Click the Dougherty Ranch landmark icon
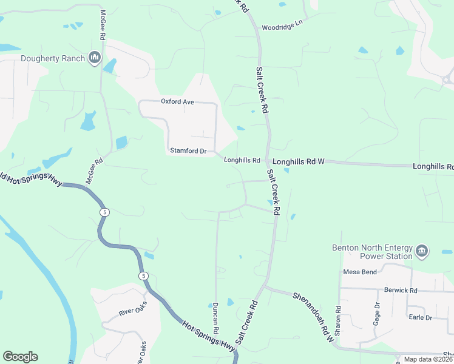click(x=95, y=58)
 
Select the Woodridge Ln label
click(x=282, y=27)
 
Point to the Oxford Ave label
click(x=177, y=102)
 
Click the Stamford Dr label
click(x=188, y=150)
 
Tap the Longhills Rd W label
click(x=299, y=162)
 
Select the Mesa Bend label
click(x=360, y=272)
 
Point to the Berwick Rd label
click(x=397, y=291)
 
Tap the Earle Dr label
click(x=420, y=317)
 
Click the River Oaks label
click(x=134, y=312)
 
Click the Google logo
click(x=20, y=357)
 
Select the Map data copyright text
click(x=428, y=359)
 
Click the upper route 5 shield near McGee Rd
click(x=105, y=212)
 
